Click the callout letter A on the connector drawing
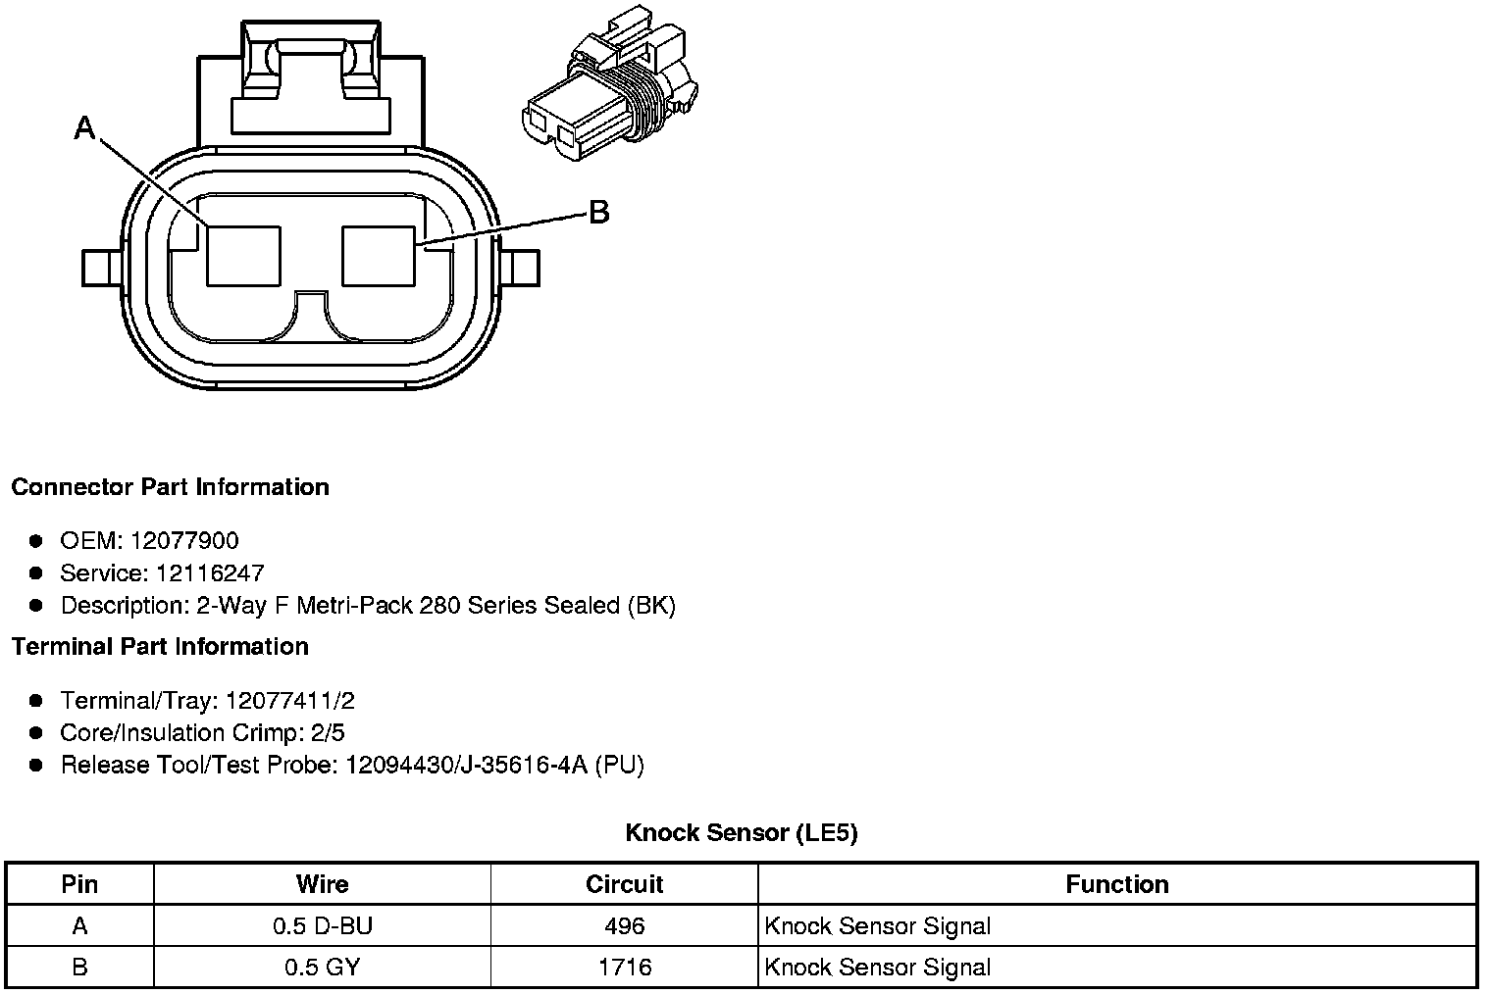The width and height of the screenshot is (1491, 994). [84, 127]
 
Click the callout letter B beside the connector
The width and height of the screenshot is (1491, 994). [599, 213]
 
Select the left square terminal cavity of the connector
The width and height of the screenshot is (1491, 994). [243, 256]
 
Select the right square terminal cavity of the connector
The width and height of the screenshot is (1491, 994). [379, 256]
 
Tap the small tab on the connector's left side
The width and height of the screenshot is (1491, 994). [102, 269]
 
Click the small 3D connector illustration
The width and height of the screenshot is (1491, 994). [609, 83]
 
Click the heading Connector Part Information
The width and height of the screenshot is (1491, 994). [171, 487]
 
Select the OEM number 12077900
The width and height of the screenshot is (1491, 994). [184, 540]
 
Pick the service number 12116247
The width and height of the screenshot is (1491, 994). [210, 572]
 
